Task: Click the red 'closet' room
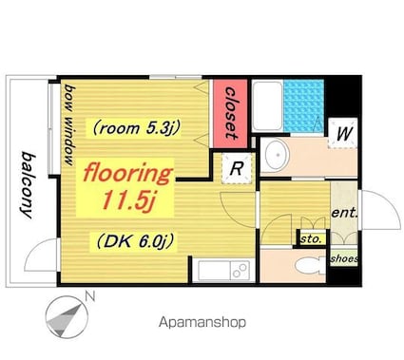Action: pyautogui.click(x=230, y=114)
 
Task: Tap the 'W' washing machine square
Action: pyautogui.click(x=343, y=133)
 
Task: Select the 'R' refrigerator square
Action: pyautogui.click(x=237, y=168)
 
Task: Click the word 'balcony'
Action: pyautogui.click(x=28, y=185)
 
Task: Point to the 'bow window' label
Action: pyautogui.click(x=69, y=124)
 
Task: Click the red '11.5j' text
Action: pyautogui.click(x=128, y=201)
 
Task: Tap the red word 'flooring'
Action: pyautogui.click(x=127, y=174)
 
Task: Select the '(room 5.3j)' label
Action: pyautogui.click(x=137, y=128)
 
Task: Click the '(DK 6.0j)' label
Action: pyautogui.click(x=135, y=242)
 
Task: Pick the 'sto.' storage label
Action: pyautogui.click(x=311, y=239)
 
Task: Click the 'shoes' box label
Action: pyautogui.click(x=344, y=259)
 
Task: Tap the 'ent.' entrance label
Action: pyautogui.click(x=344, y=213)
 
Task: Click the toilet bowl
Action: pyautogui.click(x=309, y=265)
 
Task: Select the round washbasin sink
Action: pyautogui.click(x=278, y=155)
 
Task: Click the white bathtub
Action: pyautogui.click(x=268, y=105)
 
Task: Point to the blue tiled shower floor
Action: pyautogui.click(x=304, y=105)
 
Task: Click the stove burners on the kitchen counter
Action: pyautogui.click(x=240, y=271)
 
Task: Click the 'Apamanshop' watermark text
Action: pyautogui.click(x=202, y=323)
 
